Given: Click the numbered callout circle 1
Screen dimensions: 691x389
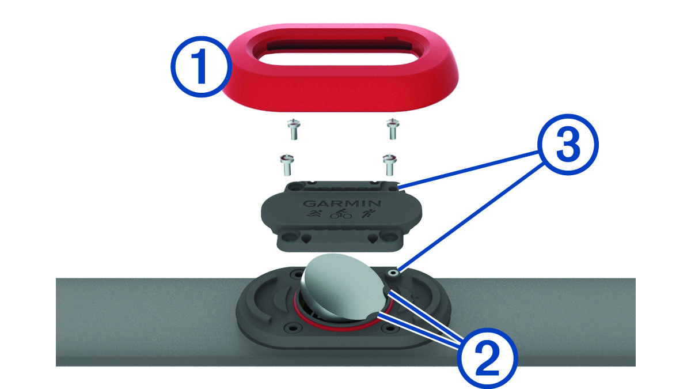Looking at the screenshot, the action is click(x=201, y=66).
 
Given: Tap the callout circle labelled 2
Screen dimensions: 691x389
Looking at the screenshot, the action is click(x=487, y=358).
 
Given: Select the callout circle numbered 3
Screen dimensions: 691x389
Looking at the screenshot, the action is click(x=568, y=145).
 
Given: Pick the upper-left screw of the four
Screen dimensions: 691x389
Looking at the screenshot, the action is click(x=294, y=129).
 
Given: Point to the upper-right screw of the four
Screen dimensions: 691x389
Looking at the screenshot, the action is click(x=393, y=129).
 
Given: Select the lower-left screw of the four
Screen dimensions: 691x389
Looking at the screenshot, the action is click(x=287, y=165).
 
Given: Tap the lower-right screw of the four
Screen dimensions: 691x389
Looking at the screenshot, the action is click(x=390, y=165).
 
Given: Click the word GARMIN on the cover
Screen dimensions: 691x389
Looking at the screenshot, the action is click(x=342, y=203).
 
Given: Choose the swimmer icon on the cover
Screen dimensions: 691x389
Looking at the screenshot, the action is click(x=315, y=213).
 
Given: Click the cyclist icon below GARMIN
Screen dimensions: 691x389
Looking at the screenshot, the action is click(x=340, y=214).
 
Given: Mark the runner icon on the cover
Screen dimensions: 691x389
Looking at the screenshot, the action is click(x=369, y=213).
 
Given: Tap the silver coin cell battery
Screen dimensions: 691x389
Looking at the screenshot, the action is click(x=343, y=286).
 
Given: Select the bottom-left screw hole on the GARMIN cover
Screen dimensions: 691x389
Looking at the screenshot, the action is click(x=289, y=237).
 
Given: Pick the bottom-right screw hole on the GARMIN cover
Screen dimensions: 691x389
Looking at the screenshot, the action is click(x=389, y=237).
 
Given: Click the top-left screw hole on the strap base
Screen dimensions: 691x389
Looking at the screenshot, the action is click(x=298, y=273).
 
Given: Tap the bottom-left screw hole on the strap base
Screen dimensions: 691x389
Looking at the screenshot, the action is click(x=291, y=327).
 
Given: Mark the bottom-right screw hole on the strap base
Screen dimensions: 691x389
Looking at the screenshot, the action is click(x=389, y=328).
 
